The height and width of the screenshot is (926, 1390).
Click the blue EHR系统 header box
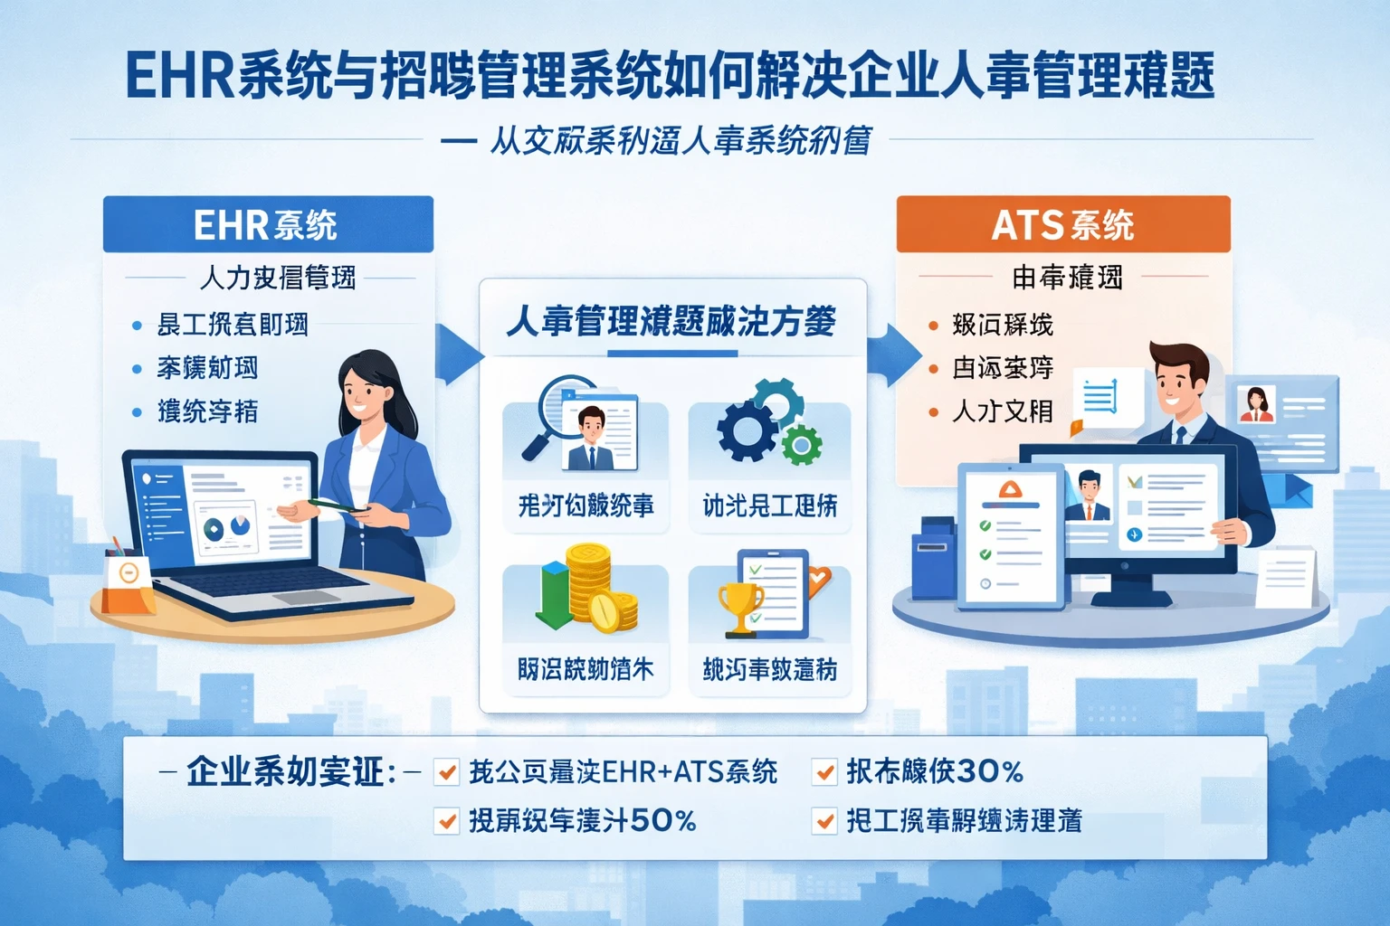(x=268, y=224)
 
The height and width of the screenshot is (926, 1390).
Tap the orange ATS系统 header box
(x=1063, y=224)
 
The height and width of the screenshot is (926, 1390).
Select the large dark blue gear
(x=747, y=430)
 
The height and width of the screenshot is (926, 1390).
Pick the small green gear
(x=801, y=445)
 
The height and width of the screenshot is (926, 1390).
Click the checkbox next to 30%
(x=824, y=771)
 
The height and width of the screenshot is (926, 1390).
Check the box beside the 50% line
(x=446, y=821)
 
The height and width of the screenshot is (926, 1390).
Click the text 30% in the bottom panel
(x=990, y=771)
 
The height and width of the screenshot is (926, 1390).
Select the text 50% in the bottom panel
(x=663, y=821)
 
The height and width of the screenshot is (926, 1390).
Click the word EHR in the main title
(x=180, y=76)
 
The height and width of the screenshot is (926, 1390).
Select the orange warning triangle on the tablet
(x=1009, y=490)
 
